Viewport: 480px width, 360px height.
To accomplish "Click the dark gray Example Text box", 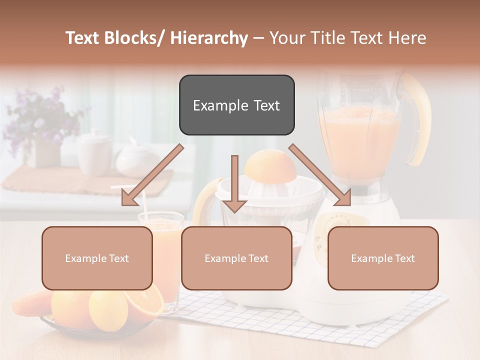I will click(x=236, y=105).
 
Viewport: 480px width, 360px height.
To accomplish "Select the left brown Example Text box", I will click(x=97, y=258).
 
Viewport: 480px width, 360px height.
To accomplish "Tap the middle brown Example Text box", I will click(x=236, y=258).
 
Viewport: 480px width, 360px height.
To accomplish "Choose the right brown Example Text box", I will click(x=383, y=258).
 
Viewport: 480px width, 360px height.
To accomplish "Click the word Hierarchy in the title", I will click(x=209, y=38).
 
